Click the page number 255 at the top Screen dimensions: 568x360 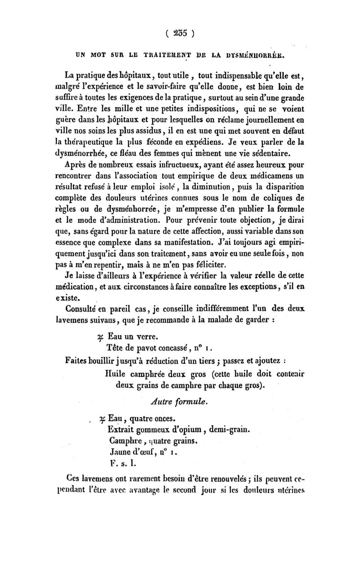[180, 32]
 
